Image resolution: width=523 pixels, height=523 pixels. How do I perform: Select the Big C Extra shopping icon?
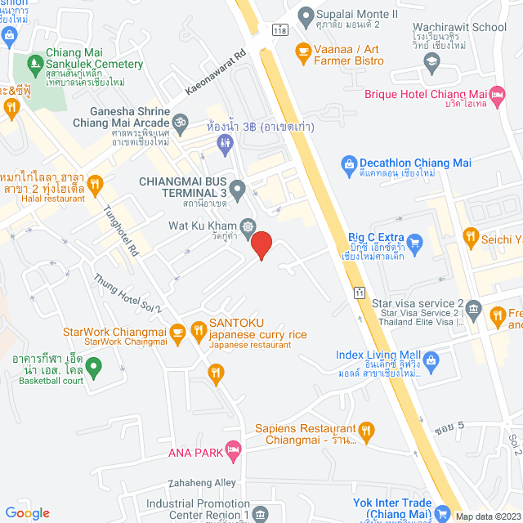(414, 241)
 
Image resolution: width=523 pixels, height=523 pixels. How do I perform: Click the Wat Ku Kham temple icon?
(248, 226)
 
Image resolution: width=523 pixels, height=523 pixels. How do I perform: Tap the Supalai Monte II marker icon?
(306, 14)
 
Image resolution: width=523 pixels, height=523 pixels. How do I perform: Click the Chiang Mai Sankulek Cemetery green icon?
(34, 63)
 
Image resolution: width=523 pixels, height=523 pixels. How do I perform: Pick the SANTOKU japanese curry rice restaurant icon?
(198, 330)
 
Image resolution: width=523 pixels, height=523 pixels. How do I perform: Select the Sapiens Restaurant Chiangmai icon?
(367, 430)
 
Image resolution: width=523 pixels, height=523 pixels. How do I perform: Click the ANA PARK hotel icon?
(234, 448)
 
